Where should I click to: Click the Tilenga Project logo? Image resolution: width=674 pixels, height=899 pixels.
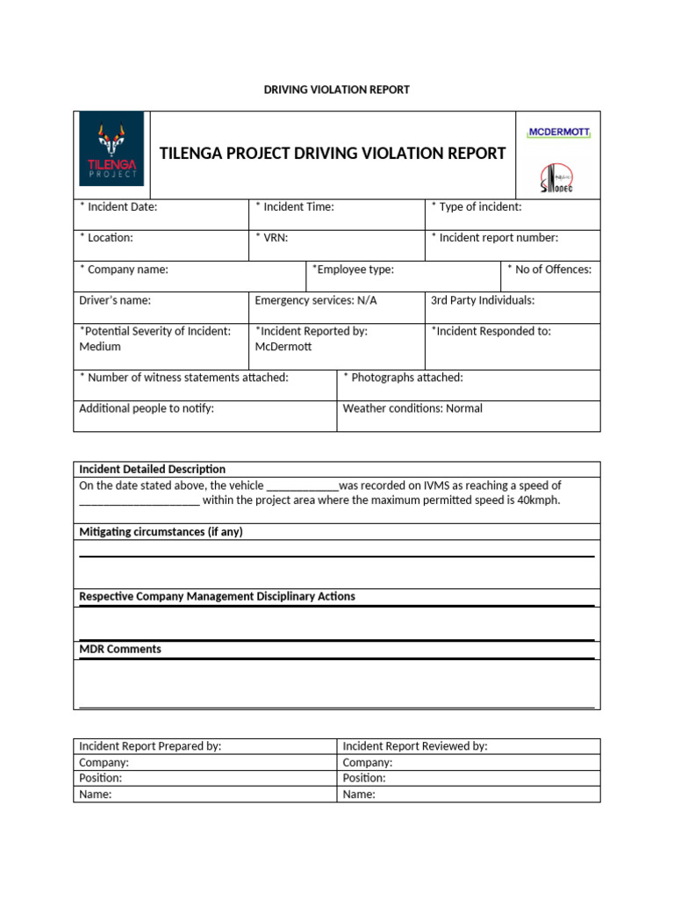click(111, 148)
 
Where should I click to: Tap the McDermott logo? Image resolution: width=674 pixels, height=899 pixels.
click(558, 133)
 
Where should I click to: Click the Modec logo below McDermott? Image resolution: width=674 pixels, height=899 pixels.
click(556, 178)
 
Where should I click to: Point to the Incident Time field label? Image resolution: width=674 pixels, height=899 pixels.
click(295, 207)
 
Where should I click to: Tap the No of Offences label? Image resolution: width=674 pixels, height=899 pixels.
click(549, 270)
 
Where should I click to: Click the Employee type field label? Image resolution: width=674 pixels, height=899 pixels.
click(353, 270)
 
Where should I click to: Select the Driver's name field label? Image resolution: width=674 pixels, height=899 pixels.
click(115, 300)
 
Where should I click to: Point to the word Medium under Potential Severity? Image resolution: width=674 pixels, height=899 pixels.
click(100, 347)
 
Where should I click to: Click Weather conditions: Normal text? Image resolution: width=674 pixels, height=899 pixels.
click(412, 408)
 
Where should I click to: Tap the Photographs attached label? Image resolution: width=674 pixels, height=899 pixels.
click(403, 378)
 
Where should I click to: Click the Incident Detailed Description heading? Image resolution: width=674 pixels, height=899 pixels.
click(153, 469)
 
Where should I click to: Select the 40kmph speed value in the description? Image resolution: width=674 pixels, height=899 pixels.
click(538, 500)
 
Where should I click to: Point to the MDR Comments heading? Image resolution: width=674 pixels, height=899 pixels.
click(120, 650)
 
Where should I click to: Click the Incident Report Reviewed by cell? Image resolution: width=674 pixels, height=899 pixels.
click(415, 746)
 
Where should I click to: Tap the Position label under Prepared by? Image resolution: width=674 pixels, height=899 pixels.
click(101, 778)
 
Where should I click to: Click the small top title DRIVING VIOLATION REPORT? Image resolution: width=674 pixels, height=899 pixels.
click(337, 90)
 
